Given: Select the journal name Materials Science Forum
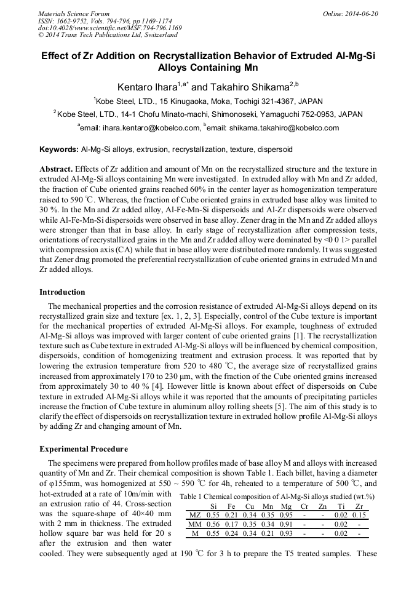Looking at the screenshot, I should pos(74,14).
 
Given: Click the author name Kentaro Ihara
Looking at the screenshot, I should pos(148,87).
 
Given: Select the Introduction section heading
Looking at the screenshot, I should pos(62,292).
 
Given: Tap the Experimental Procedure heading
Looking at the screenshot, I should pos(84,448).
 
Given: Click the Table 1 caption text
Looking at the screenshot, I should pos(277,496).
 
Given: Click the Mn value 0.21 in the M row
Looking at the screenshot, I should pos(267,533).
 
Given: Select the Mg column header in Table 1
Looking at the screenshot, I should pos(286,506).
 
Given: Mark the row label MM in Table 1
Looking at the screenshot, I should pos(195,524).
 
